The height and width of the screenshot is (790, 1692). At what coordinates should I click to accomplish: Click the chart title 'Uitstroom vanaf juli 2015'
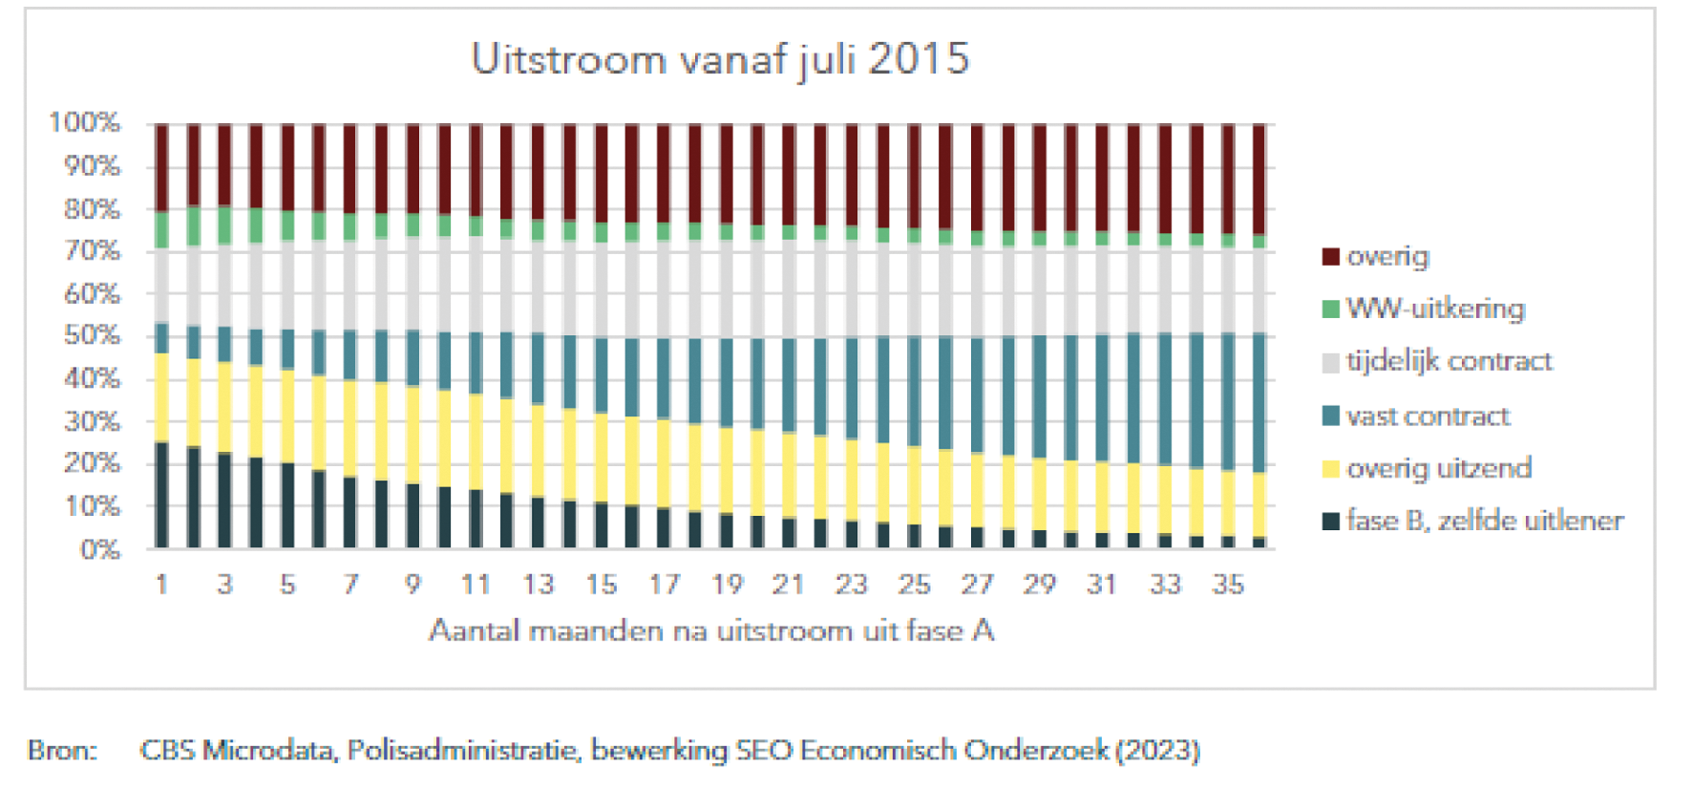pos(720,59)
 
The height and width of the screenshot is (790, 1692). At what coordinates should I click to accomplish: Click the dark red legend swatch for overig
pos(1330,256)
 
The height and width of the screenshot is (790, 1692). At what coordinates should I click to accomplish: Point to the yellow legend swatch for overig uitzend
pos(1330,468)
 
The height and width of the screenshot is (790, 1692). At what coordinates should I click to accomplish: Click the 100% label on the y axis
pos(85,122)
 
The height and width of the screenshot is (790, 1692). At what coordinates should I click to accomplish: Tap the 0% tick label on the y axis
pos(99,549)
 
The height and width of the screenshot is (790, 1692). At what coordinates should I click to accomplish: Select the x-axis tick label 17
pos(664,584)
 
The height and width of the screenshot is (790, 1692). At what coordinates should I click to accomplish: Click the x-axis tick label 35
pos(1228,584)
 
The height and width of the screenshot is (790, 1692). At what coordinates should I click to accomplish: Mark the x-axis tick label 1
pos(162,584)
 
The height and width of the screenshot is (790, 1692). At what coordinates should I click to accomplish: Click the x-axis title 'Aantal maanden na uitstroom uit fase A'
pos(711,630)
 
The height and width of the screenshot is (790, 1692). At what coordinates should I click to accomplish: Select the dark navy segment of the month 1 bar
pos(162,495)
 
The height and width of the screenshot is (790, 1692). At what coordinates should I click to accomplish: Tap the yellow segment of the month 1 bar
pos(162,397)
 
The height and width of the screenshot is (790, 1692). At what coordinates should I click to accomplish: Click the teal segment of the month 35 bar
pos(1228,401)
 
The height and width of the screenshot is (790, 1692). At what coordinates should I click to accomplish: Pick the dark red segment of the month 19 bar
pos(727,174)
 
